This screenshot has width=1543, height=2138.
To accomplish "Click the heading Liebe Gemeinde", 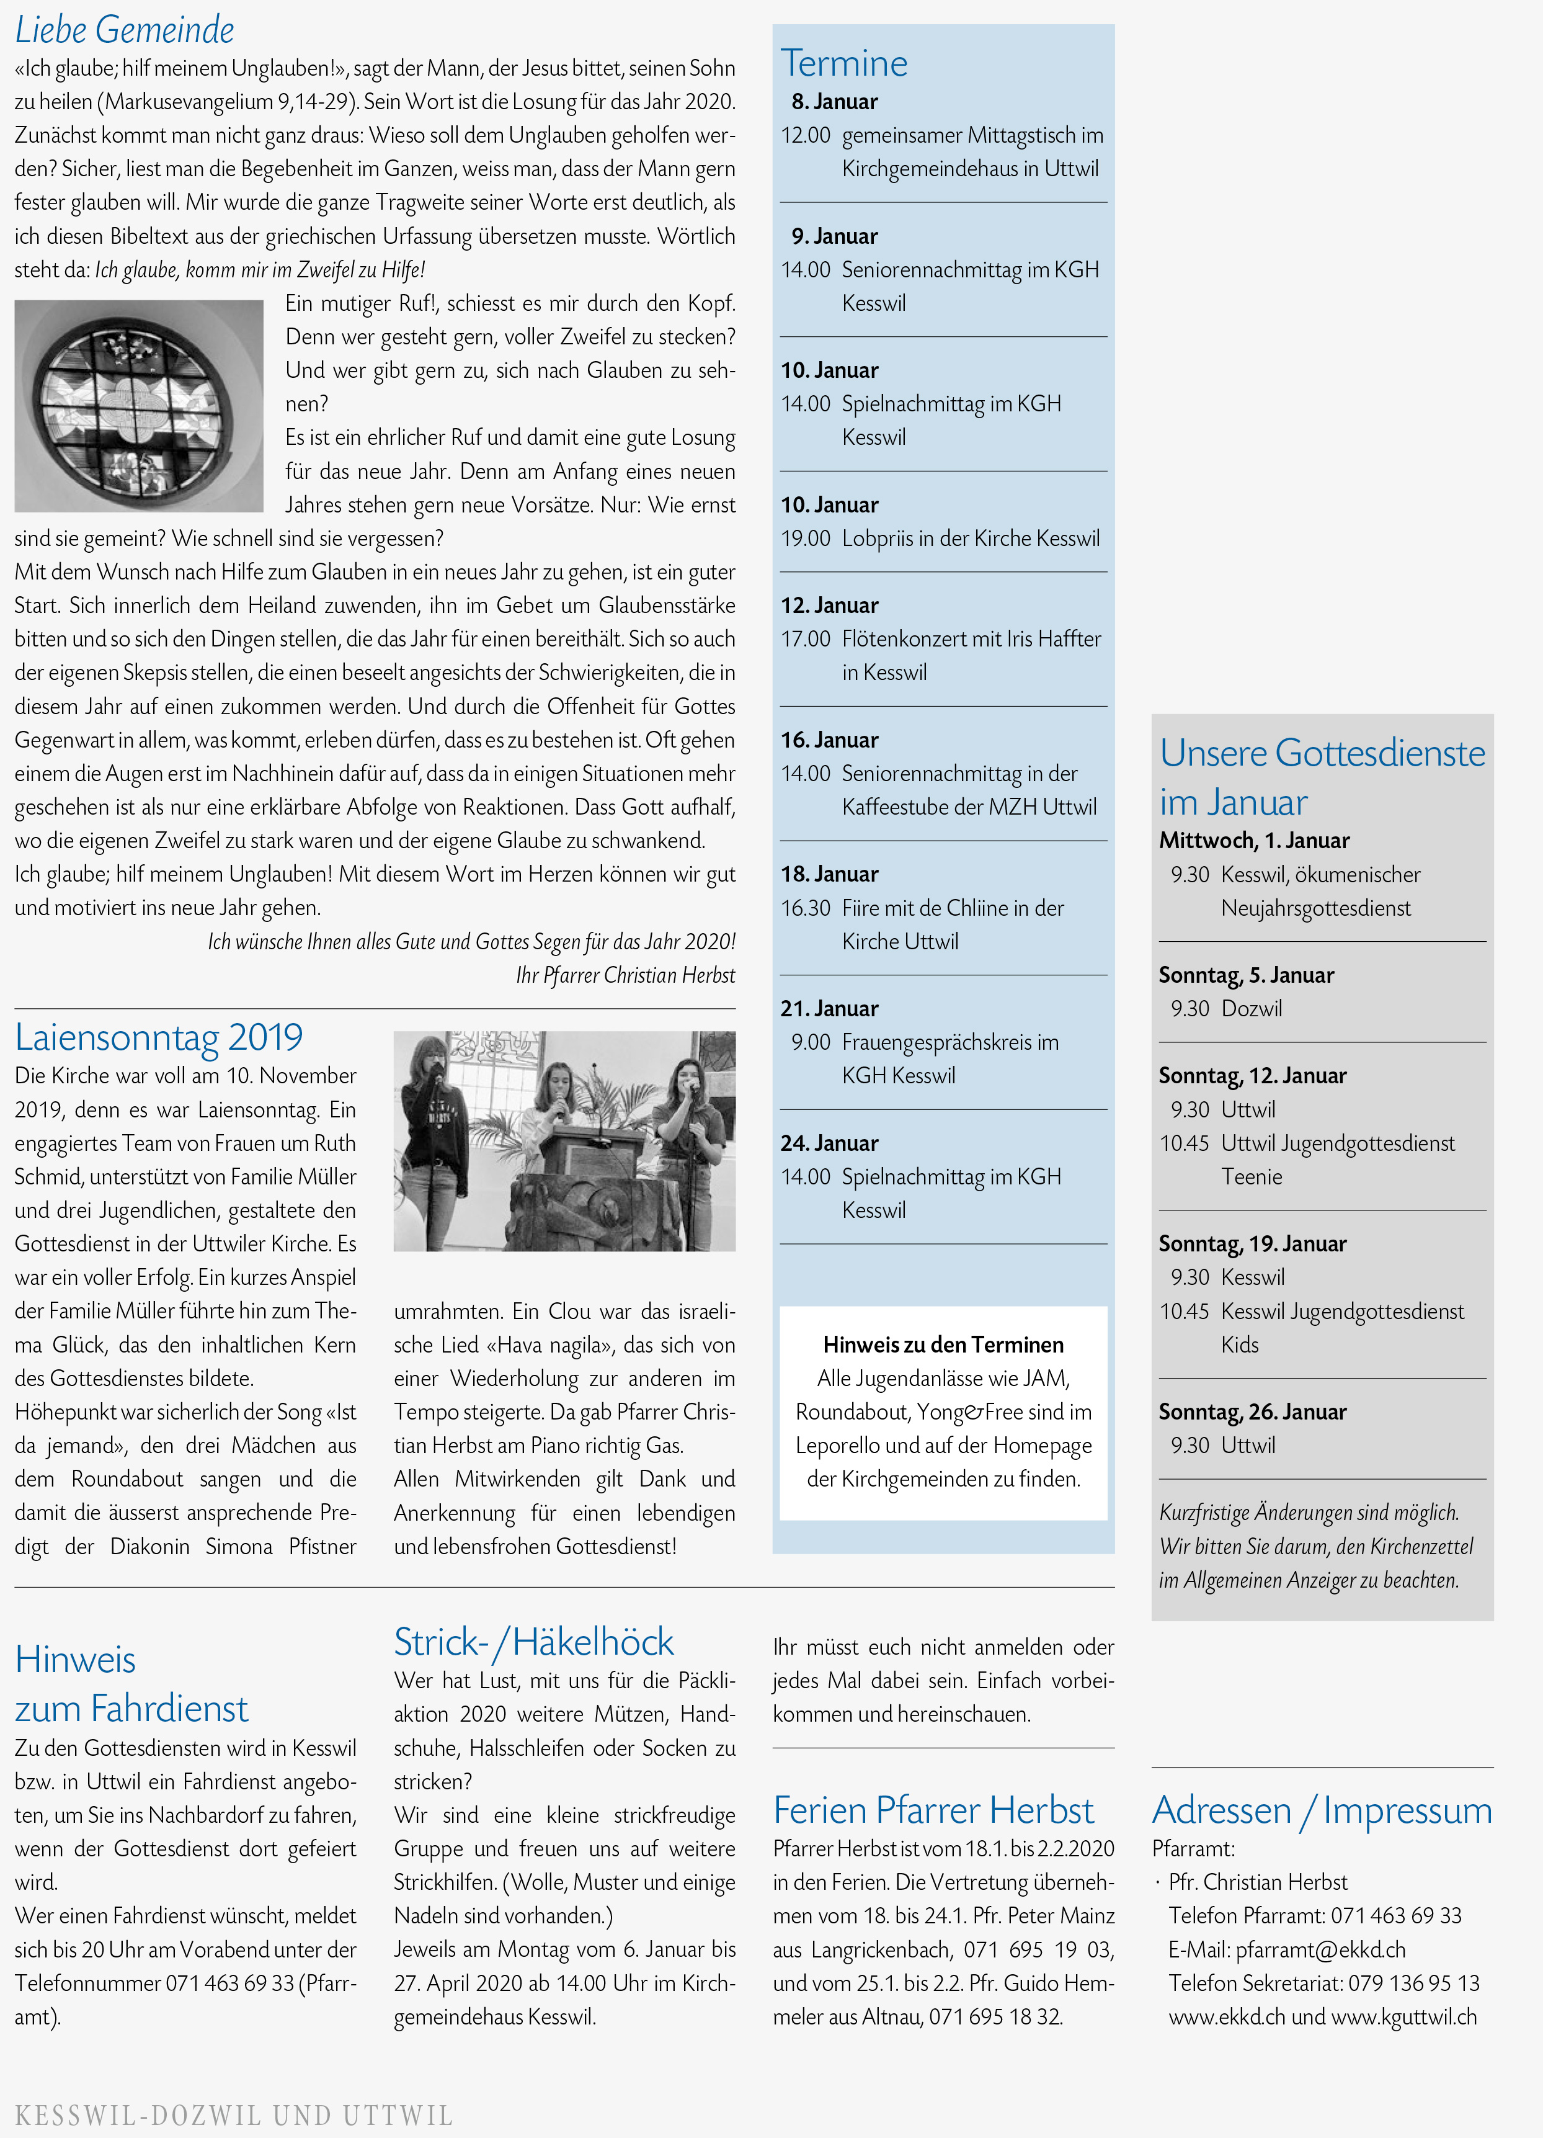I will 125,30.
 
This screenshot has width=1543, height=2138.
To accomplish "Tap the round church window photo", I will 138,406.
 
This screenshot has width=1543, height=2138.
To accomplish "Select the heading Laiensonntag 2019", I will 158,1037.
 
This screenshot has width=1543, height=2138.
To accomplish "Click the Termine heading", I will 843,64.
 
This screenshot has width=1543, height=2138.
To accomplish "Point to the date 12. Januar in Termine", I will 829,605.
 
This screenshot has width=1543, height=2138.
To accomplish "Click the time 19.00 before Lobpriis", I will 805,539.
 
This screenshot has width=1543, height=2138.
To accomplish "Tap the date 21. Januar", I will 829,1009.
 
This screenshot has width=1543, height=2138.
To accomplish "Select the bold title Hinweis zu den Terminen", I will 943,1344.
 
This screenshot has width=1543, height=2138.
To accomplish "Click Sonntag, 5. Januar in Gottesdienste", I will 1245,975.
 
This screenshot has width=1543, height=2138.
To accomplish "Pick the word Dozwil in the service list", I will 1251,1009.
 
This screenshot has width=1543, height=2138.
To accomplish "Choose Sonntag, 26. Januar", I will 1252,1411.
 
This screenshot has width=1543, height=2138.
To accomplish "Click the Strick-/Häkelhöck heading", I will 533,1642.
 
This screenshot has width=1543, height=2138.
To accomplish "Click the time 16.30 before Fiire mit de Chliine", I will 805,908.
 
